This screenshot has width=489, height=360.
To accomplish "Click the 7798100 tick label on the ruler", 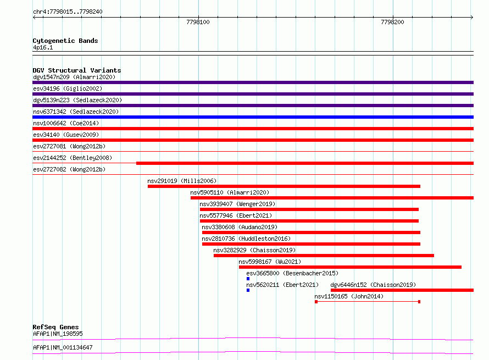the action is [x=198, y=22].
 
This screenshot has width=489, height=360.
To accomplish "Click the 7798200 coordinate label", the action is [x=392, y=22].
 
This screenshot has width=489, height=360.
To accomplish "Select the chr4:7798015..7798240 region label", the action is [x=68, y=12].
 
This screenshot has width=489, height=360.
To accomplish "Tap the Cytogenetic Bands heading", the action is [x=65, y=41].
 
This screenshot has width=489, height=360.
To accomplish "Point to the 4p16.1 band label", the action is [x=43, y=47].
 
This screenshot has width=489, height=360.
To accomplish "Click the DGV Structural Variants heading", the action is [x=77, y=70].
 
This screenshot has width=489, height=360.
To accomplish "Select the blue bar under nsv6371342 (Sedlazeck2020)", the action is [x=253, y=117].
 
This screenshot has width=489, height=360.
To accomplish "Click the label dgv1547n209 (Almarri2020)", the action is [x=74, y=77].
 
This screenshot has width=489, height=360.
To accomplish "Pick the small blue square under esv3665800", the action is [x=248, y=279].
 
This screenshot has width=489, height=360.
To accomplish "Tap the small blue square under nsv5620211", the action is [x=248, y=290].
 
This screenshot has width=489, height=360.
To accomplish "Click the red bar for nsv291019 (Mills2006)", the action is [x=284, y=186].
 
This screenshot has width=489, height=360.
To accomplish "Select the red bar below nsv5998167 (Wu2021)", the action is [x=350, y=267].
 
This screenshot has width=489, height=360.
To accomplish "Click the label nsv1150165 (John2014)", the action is [x=349, y=296].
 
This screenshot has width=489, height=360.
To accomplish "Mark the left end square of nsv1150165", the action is [x=316, y=302].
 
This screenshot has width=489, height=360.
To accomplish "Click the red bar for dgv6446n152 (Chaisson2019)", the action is [x=402, y=290].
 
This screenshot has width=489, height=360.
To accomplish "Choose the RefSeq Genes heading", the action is [x=55, y=327].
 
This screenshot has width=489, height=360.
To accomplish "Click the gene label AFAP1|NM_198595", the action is [x=58, y=334].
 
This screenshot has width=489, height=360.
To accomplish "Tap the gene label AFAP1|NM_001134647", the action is [x=63, y=347].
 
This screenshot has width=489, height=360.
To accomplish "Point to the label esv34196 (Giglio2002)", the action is [x=68, y=88].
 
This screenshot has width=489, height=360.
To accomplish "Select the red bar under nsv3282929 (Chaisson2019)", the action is [x=324, y=256].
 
